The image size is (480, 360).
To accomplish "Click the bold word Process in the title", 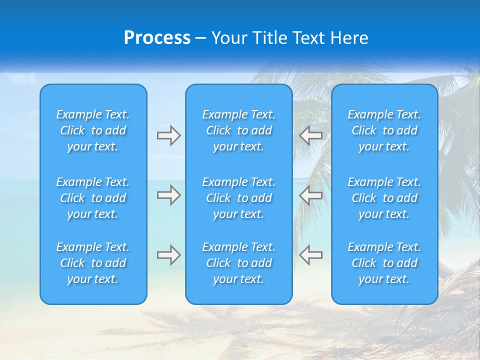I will [x=157, y=38].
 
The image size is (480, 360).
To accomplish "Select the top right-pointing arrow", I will [x=168, y=135].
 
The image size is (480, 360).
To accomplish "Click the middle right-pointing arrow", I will [x=168, y=195].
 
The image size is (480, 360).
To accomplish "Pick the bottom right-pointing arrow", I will [x=168, y=255].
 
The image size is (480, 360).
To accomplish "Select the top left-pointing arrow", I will [x=310, y=135].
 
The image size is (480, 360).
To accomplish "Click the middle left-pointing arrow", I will [x=310, y=195].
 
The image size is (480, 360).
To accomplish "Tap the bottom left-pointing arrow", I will [x=310, y=255].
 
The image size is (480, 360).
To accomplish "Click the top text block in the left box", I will [x=93, y=130].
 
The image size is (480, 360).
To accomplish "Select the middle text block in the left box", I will [x=93, y=198].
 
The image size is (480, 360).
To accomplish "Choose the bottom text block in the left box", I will [x=93, y=263].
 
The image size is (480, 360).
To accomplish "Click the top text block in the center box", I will [x=238, y=130].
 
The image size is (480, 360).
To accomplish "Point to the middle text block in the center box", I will [x=238, y=198].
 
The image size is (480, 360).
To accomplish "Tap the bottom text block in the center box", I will [x=238, y=263].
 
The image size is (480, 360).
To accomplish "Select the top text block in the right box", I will [x=384, y=130].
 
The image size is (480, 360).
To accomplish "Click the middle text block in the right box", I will [x=384, y=198].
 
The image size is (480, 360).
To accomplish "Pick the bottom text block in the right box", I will [x=384, y=263].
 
